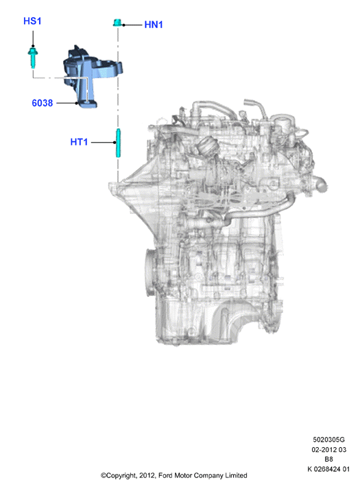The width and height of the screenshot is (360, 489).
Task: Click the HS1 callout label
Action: [x=32, y=21]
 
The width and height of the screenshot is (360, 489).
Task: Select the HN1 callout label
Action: [x=154, y=25]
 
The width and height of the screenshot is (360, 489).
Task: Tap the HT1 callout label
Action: [x=79, y=142]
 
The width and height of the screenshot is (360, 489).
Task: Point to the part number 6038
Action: [x=43, y=103]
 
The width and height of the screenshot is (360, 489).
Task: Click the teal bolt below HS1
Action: [x=32, y=58]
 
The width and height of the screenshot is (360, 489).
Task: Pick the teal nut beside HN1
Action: [x=117, y=23]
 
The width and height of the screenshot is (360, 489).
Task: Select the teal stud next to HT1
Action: [x=118, y=143]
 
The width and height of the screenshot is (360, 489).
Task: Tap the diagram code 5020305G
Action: [x=329, y=440]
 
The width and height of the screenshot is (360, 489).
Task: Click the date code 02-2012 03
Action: [x=329, y=450]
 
